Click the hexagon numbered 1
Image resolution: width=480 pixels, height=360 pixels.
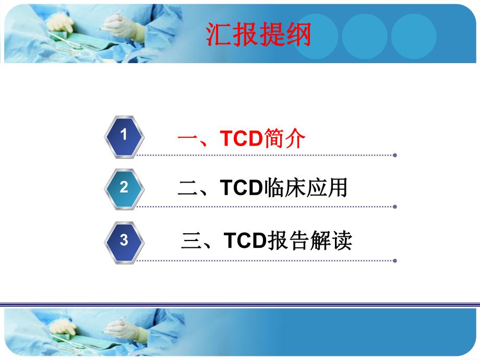(124, 136)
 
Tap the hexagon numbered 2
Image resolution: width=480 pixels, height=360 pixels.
(124, 188)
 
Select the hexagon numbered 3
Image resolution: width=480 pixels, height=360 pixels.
(124, 241)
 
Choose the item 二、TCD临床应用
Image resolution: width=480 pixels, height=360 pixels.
(262, 188)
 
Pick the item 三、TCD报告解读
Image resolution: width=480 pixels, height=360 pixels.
(266, 241)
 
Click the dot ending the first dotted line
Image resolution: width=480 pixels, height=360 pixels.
(395, 155)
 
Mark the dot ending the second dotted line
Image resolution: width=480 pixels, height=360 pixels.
(395, 207)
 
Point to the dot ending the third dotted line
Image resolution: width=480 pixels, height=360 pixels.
(395, 260)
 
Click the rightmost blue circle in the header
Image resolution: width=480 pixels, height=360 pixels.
(414, 36)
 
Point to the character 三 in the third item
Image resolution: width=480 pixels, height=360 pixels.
(191, 241)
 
